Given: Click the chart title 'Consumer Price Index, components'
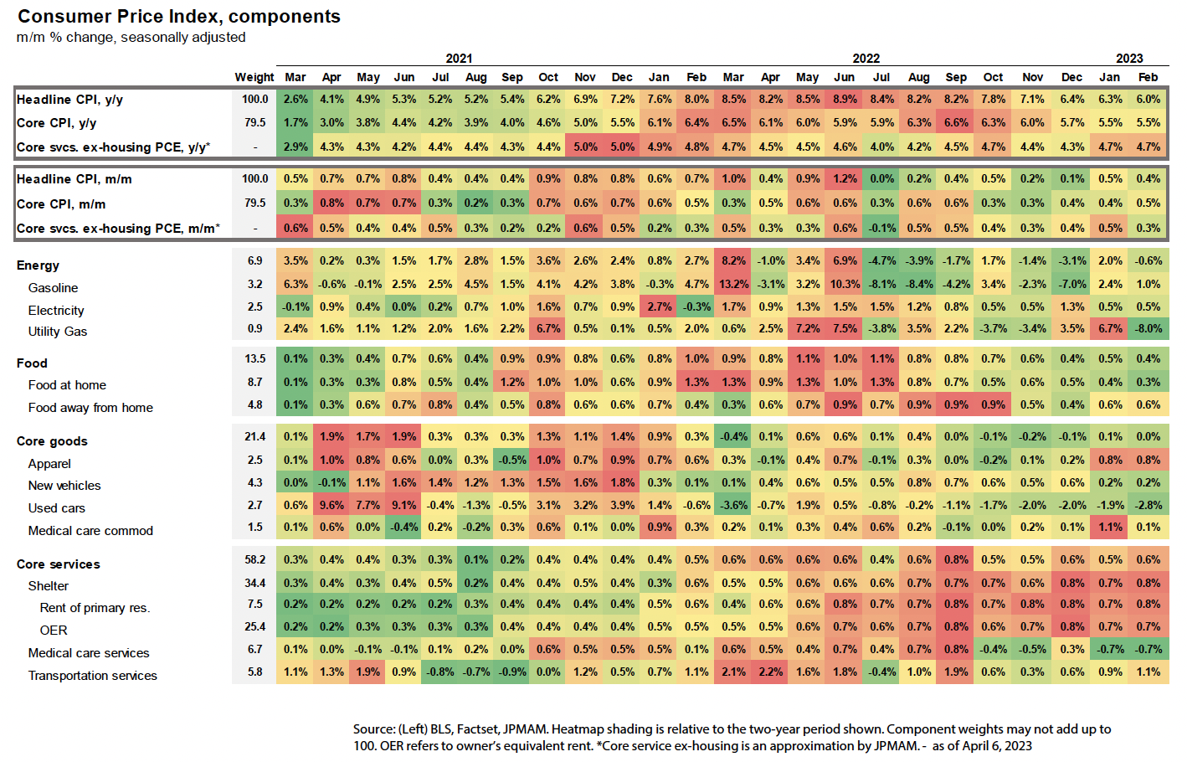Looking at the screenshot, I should [x=179, y=17].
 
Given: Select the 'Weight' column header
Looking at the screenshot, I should [x=254, y=77].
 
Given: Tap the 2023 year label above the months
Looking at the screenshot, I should [x=1129, y=59].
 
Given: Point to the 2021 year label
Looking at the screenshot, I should [x=459, y=59].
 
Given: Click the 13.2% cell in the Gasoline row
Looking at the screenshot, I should [x=733, y=284].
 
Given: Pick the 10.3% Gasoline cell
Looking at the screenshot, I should [x=845, y=284].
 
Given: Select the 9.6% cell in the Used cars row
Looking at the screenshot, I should [x=331, y=505].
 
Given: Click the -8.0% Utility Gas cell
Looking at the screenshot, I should [x=1148, y=328].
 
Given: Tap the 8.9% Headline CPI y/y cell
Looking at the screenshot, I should [x=845, y=99].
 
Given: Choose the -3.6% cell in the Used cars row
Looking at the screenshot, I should [x=733, y=505].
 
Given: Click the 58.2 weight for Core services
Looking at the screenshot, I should [x=254, y=559].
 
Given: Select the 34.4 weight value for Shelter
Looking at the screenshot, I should [x=254, y=583].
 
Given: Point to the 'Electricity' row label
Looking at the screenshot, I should [x=56, y=310].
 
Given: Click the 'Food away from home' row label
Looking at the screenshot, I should [x=90, y=408].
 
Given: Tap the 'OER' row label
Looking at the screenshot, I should [x=54, y=630].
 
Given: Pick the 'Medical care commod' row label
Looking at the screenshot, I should [x=90, y=531].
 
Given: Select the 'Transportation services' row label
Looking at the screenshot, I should [x=92, y=676].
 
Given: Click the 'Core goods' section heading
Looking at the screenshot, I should [x=52, y=441].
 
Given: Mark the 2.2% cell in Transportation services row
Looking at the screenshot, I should [x=770, y=672].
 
